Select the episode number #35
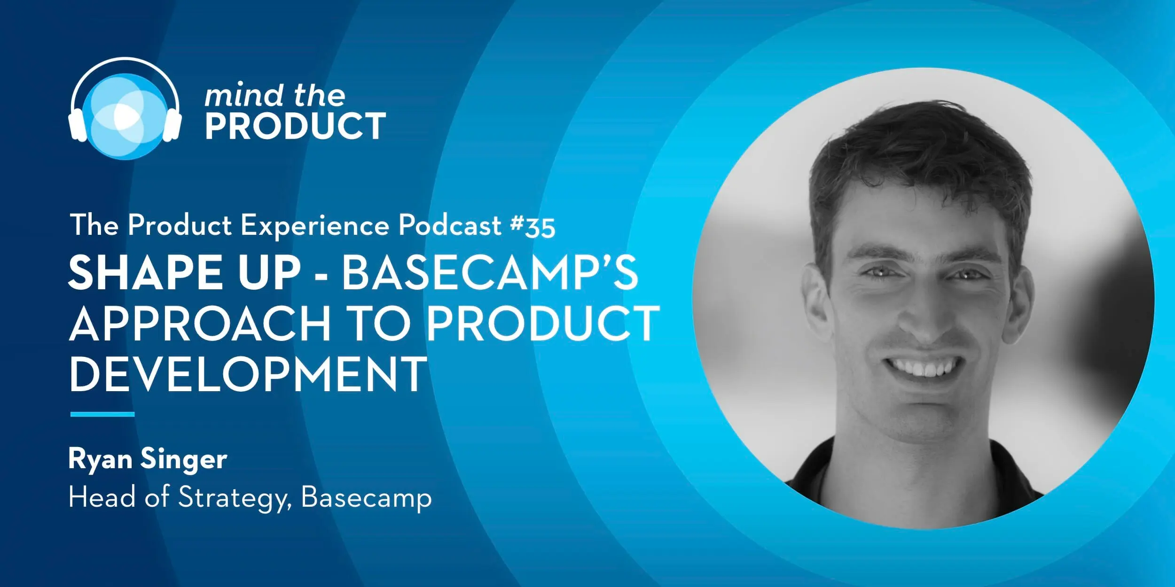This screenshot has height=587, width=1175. [533, 226]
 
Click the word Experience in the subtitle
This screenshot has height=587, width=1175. [315, 226]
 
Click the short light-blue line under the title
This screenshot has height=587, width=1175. [102, 414]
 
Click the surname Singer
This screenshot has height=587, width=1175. [184, 460]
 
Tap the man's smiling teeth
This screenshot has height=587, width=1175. [922, 367]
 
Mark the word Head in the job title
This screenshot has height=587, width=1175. [102, 497]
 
